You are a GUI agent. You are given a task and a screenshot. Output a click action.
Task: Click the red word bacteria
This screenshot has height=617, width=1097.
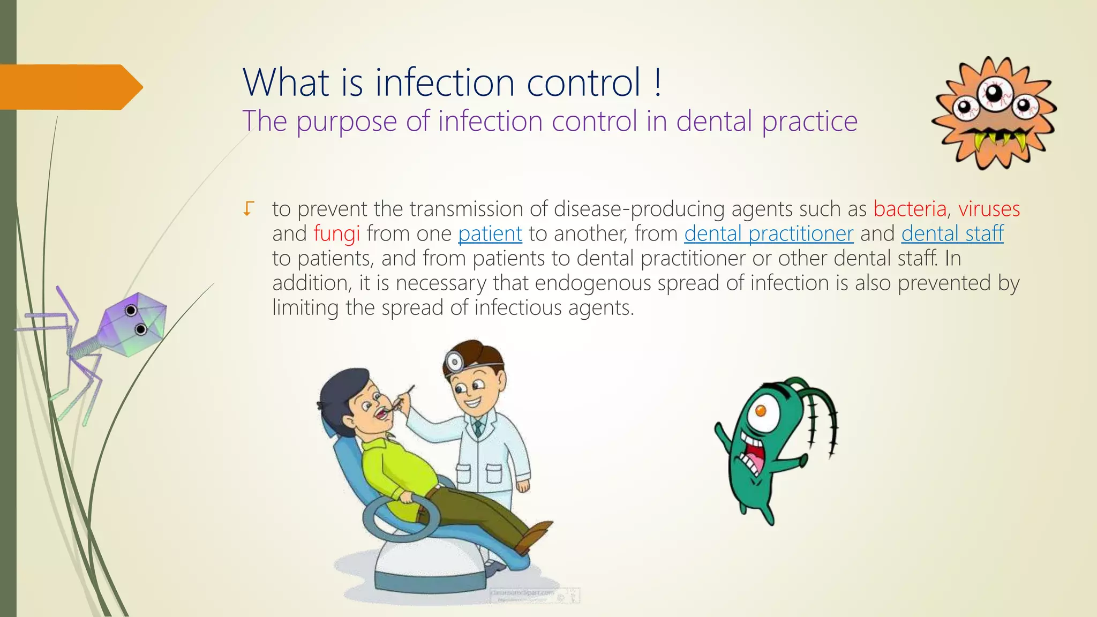[910, 209]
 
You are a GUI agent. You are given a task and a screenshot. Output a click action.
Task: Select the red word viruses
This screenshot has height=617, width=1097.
[989, 209]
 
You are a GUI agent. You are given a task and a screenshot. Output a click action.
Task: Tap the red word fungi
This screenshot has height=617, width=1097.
[336, 234]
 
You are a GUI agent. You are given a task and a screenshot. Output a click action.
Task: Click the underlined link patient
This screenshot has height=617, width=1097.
[490, 234]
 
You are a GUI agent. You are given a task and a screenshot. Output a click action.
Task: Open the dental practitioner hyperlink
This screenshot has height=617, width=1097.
[768, 234]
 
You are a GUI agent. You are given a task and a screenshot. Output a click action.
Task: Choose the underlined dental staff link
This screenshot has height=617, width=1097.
[952, 234]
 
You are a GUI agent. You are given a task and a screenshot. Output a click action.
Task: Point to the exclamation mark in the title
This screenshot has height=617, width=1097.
[658, 83]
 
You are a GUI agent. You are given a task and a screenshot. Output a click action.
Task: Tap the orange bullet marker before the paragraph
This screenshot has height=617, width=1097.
[248, 208]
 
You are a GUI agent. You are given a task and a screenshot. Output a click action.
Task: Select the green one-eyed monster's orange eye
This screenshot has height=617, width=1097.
[760, 411]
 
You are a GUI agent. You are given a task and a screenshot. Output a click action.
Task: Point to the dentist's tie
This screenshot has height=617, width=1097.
[478, 427]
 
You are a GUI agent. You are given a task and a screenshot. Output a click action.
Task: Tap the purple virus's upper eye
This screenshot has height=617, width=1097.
[131, 310]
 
